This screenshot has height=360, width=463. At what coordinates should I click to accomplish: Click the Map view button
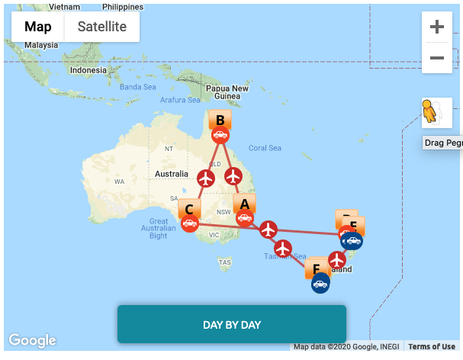point(38,27)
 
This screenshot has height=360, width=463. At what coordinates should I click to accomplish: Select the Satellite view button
point(102,27)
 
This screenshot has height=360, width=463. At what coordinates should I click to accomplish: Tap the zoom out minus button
point(437,58)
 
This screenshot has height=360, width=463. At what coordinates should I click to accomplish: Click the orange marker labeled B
point(220,120)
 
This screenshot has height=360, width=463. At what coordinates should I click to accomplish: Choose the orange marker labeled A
point(244,204)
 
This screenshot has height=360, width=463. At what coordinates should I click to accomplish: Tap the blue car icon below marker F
point(320,284)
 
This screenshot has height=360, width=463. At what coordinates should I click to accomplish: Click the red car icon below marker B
point(220,136)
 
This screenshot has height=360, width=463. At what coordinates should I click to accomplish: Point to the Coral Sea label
point(265,148)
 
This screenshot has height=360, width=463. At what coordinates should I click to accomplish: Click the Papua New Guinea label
point(227,92)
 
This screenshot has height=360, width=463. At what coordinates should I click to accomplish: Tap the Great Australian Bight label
point(159,228)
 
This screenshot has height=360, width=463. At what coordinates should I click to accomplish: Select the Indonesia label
point(88,70)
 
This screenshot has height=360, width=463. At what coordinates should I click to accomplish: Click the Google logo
point(32,340)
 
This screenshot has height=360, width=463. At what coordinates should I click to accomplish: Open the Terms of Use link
point(432,347)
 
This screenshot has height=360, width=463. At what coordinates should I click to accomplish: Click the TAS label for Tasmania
point(224,262)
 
